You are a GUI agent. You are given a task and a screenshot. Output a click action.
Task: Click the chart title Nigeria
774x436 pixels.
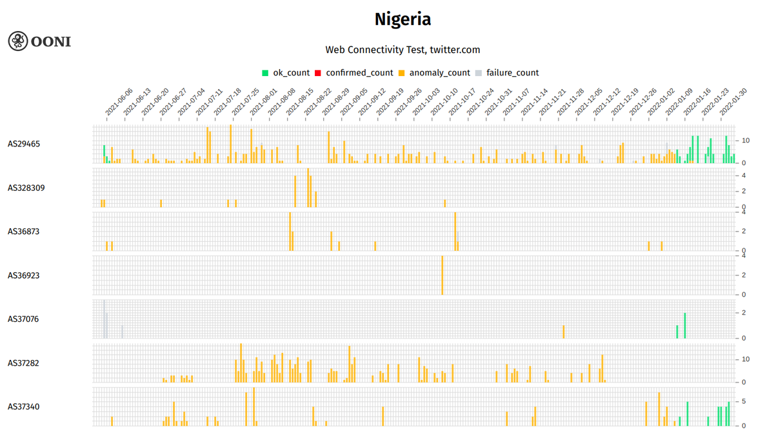(402, 19)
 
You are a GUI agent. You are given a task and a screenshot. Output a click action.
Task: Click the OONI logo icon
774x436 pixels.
(17, 41)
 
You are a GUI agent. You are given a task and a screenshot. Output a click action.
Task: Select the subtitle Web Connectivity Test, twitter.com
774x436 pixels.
(402, 50)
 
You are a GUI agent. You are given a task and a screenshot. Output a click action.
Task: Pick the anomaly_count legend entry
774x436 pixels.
(434, 73)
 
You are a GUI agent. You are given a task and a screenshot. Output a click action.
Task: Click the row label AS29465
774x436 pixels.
(24, 144)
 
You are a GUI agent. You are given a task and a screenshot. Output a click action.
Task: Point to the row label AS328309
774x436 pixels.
(26, 188)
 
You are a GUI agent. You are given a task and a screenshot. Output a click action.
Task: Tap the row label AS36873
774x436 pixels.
(24, 231)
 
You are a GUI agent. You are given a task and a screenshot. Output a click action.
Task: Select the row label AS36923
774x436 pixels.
(24, 275)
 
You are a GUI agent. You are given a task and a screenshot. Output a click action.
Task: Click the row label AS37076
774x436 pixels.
(24, 319)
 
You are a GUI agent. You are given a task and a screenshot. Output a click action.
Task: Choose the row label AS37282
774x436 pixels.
(24, 363)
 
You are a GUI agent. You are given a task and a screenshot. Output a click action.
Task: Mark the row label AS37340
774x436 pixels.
(24, 406)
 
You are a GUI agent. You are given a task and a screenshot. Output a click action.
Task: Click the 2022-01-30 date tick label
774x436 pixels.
(733, 103)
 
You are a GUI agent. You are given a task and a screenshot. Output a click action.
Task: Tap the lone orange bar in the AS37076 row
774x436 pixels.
(563, 332)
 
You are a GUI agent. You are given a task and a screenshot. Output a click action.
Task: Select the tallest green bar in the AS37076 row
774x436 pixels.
(684, 326)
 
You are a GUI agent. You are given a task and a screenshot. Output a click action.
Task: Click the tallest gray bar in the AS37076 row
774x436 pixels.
(104, 319)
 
